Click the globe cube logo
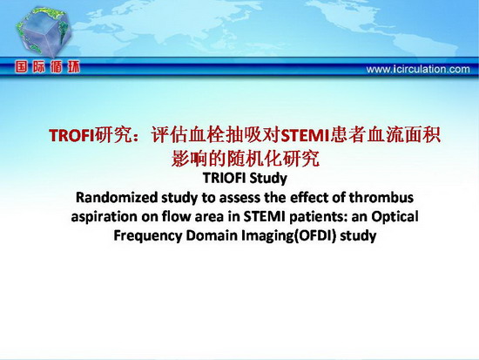(44, 32)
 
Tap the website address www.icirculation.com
(418, 69)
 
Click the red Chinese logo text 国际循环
(47, 66)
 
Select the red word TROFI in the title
(71, 135)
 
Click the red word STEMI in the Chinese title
(305, 135)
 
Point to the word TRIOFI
(224, 178)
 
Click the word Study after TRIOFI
(267, 179)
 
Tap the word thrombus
(381, 197)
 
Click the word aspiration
(105, 217)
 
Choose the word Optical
(395, 217)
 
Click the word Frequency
(148, 236)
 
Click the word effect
(310, 197)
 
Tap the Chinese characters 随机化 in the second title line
(255, 159)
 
